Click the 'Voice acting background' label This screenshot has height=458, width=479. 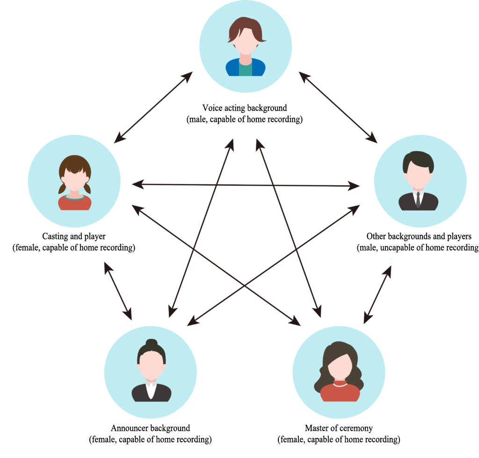[x=244, y=108]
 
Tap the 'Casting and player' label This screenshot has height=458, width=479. [x=73, y=236]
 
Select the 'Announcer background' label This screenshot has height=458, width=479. [x=150, y=428]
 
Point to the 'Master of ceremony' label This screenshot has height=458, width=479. [x=339, y=428]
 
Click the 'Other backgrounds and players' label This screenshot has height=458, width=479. [x=419, y=236]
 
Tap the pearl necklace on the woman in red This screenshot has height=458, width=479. [x=340, y=384]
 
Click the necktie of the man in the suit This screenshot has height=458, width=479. [x=418, y=199]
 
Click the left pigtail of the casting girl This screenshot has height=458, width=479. [x=62, y=188]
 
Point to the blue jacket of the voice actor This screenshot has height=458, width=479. [x=245, y=67]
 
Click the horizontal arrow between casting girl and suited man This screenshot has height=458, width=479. [x=246, y=185]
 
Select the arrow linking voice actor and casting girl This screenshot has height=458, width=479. [x=153, y=107]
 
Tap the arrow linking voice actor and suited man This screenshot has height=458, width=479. [x=338, y=107]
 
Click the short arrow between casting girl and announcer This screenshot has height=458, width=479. [x=118, y=291]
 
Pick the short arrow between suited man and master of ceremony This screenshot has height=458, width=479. [x=377, y=295]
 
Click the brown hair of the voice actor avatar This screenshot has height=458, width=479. [x=246, y=29]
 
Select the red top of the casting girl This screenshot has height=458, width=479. [x=74, y=203]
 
